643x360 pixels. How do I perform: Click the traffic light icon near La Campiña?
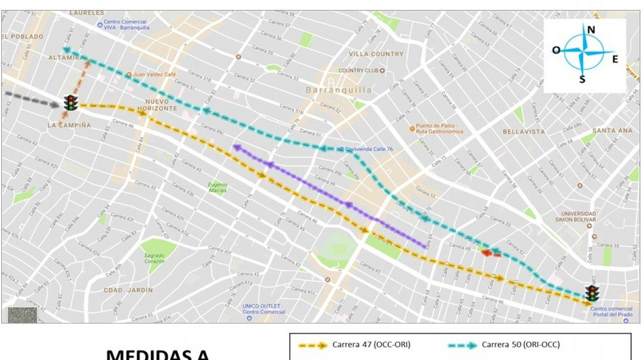pos(71,103)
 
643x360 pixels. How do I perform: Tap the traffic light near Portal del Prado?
pos(592,293)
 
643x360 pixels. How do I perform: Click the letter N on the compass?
pos(591,30)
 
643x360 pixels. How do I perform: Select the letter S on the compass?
pos(582,79)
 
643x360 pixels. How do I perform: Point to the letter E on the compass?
pos(615,59)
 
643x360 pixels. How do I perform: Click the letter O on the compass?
pos(556,50)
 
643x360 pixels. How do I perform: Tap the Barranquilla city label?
pos(339,90)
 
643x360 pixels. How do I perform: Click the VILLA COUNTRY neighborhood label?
pos(376,54)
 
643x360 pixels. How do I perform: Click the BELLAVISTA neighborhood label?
pos(524,132)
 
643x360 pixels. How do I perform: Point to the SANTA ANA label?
pos(612,131)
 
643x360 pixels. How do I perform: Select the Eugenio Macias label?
pos(217,187)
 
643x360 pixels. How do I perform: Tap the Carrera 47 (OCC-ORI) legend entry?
pos(371,345)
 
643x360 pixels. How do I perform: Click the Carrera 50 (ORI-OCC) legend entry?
pos(521,345)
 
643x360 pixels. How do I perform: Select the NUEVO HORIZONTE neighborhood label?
pos(160,105)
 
